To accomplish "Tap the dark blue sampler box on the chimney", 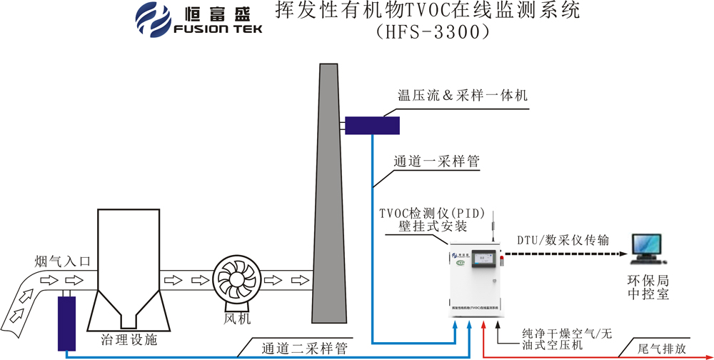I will [x=372, y=125].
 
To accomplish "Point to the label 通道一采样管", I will [x=436, y=162].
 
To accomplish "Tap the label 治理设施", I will [x=130, y=340].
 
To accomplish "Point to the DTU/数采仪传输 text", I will [x=563, y=240].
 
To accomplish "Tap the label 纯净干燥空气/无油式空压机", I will [x=565, y=339].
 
